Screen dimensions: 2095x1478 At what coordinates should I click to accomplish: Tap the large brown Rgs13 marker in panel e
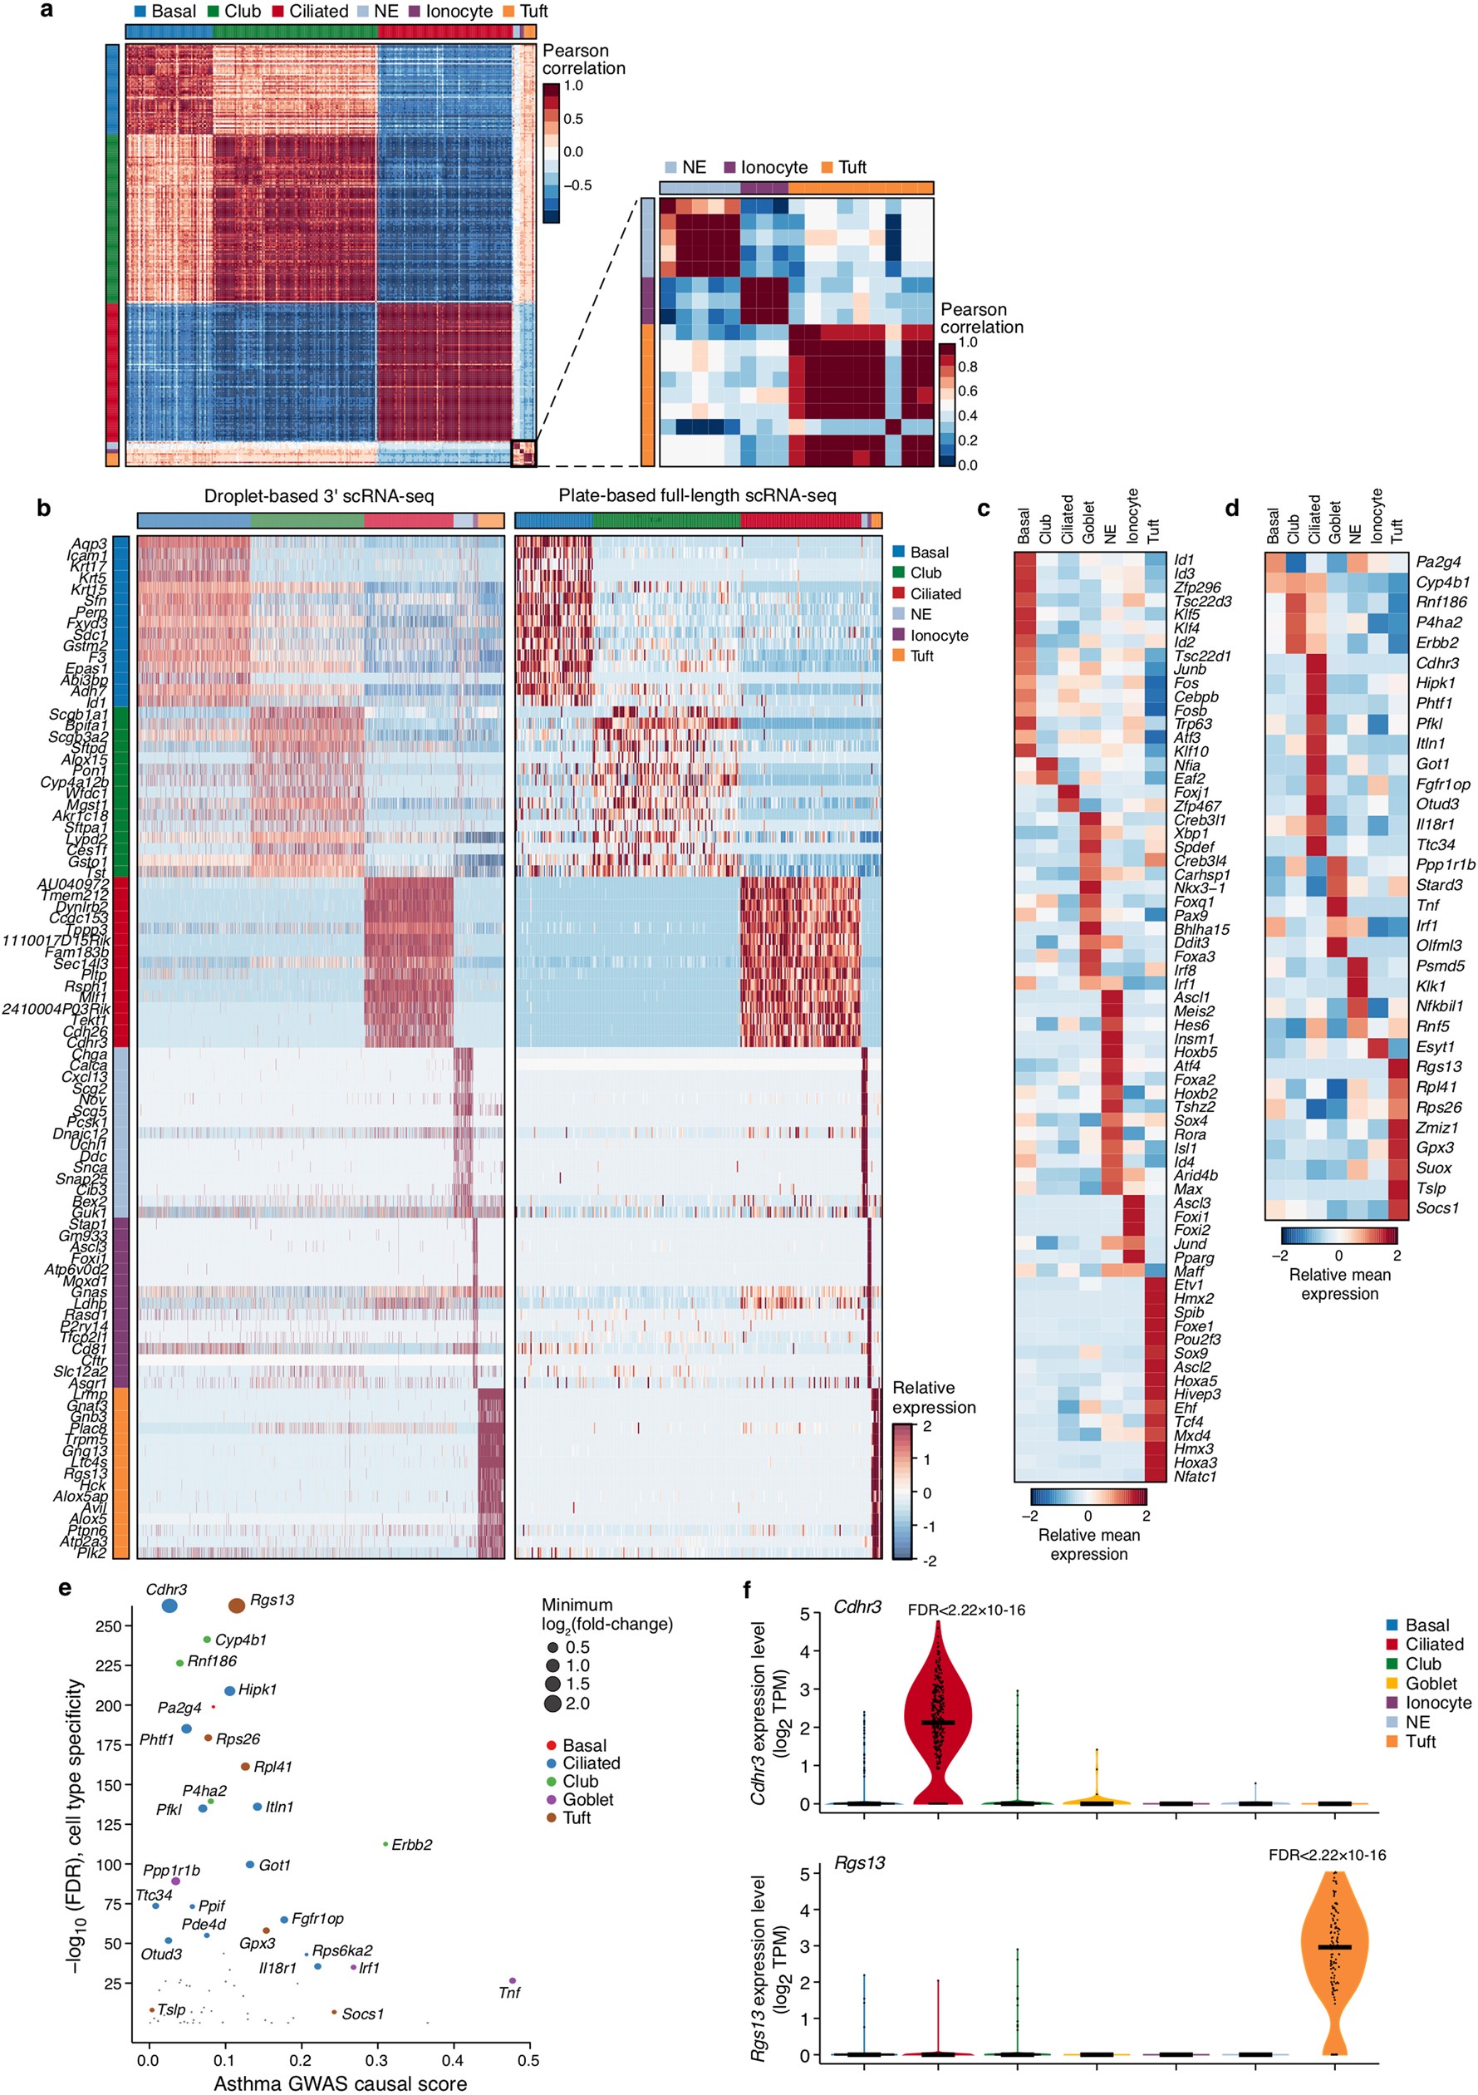[236, 1605]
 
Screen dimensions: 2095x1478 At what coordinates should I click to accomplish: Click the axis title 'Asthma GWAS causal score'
[340, 2083]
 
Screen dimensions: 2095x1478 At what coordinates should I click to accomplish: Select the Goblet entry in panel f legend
[1430, 1683]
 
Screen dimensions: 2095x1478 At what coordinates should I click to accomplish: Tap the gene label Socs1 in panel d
[1437, 1208]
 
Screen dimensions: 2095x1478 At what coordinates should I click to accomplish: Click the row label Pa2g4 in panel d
[1438, 562]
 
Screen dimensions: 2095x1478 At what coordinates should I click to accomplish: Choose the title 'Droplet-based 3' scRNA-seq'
[318, 495]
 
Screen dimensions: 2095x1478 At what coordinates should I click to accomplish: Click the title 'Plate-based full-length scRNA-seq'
[697, 495]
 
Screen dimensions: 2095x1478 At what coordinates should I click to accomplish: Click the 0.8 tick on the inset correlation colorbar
[967, 366]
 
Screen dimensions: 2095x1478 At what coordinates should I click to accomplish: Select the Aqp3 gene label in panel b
[89, 543]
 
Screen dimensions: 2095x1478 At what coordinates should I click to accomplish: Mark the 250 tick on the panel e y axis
[108, 1626]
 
